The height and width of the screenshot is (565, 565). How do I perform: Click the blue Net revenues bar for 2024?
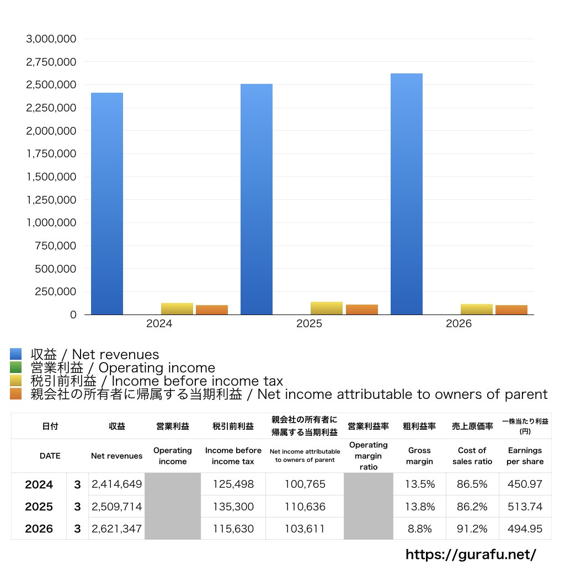(107, 204)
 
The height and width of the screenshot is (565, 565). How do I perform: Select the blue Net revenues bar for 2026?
(407, 194)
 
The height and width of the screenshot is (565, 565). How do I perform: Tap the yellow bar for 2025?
(327, 308)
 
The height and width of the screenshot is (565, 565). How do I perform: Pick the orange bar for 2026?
(511, 310)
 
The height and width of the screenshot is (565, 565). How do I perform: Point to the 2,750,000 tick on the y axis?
(51, 62)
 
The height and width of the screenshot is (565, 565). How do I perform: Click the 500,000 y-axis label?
(56, 269)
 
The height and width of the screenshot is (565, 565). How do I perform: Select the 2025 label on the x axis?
(309, 323)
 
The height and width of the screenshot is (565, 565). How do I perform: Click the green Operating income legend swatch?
(16, 367)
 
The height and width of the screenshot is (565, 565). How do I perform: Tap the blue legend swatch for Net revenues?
(16, 354)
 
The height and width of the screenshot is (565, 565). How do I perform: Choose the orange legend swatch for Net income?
(16, 394)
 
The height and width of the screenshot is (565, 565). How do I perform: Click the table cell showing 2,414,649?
(117, 484)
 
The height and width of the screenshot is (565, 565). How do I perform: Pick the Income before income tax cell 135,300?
(233, 507)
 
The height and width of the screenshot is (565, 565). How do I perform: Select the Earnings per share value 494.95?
(525, 529)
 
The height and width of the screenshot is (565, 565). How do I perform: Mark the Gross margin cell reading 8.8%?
(420, 529)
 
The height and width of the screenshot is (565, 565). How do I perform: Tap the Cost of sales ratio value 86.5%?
(472, 484)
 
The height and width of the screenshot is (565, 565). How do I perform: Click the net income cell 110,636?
(305, 507)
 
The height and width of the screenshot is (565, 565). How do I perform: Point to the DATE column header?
(50, 456)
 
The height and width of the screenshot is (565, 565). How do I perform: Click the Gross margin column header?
(419, 456)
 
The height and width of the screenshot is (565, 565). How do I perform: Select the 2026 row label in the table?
(39, 529)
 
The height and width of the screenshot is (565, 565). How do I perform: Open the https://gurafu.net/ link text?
(471, 554)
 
